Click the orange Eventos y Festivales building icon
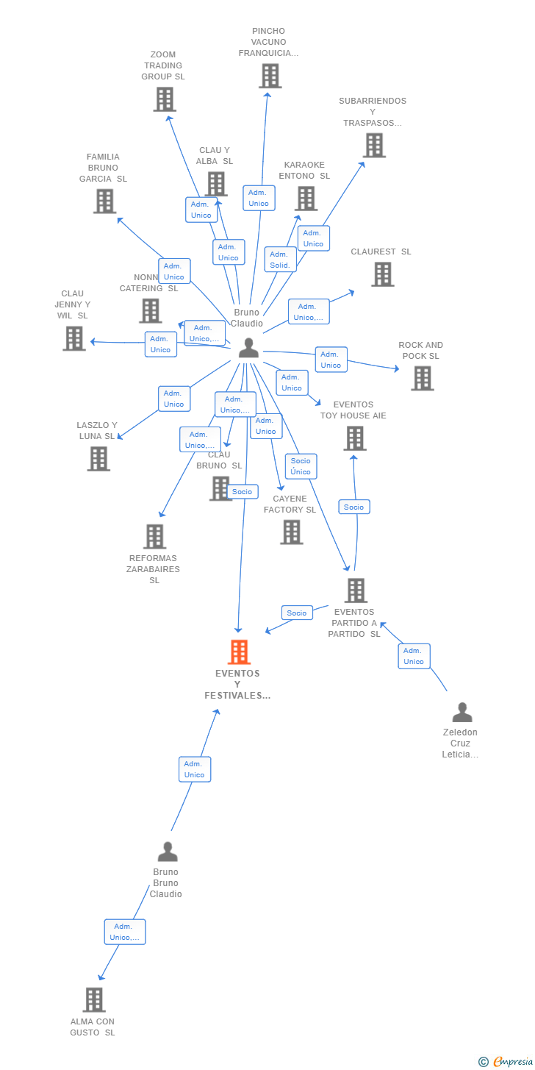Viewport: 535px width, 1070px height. [x=239, y=652]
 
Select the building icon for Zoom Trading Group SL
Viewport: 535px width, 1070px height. [x=165, y=99]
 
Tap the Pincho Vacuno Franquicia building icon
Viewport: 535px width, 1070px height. [x=270, y=76]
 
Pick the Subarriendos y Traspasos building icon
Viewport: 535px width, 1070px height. [x=374, y=146]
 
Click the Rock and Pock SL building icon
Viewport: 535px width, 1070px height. [x=422, y=378]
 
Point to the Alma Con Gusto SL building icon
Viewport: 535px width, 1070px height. [x=93, y=1000]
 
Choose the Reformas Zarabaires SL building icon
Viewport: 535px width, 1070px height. [x=154, y=537]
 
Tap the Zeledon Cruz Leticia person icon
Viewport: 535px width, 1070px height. [x=462, y=712]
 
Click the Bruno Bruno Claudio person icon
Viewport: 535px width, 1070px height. [x=168, y=852]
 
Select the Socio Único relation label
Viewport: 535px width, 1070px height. [x=301, y=466]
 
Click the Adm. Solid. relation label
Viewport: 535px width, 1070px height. [x=280, y=260]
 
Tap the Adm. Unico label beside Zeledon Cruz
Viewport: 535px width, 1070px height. [x=414, y=656]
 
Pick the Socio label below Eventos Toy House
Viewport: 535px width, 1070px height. [x=353, y=507]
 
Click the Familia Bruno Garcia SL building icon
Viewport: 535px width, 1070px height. [x=104, y=201]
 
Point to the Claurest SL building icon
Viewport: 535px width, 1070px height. [x=382, y=274]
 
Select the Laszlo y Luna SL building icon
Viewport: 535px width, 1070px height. [x=98, y=458]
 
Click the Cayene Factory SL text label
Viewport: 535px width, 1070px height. [x=290, y=504]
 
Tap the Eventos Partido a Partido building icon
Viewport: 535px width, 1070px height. [x=356, y=590]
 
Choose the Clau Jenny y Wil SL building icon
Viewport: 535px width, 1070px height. [x=73, y=338]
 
